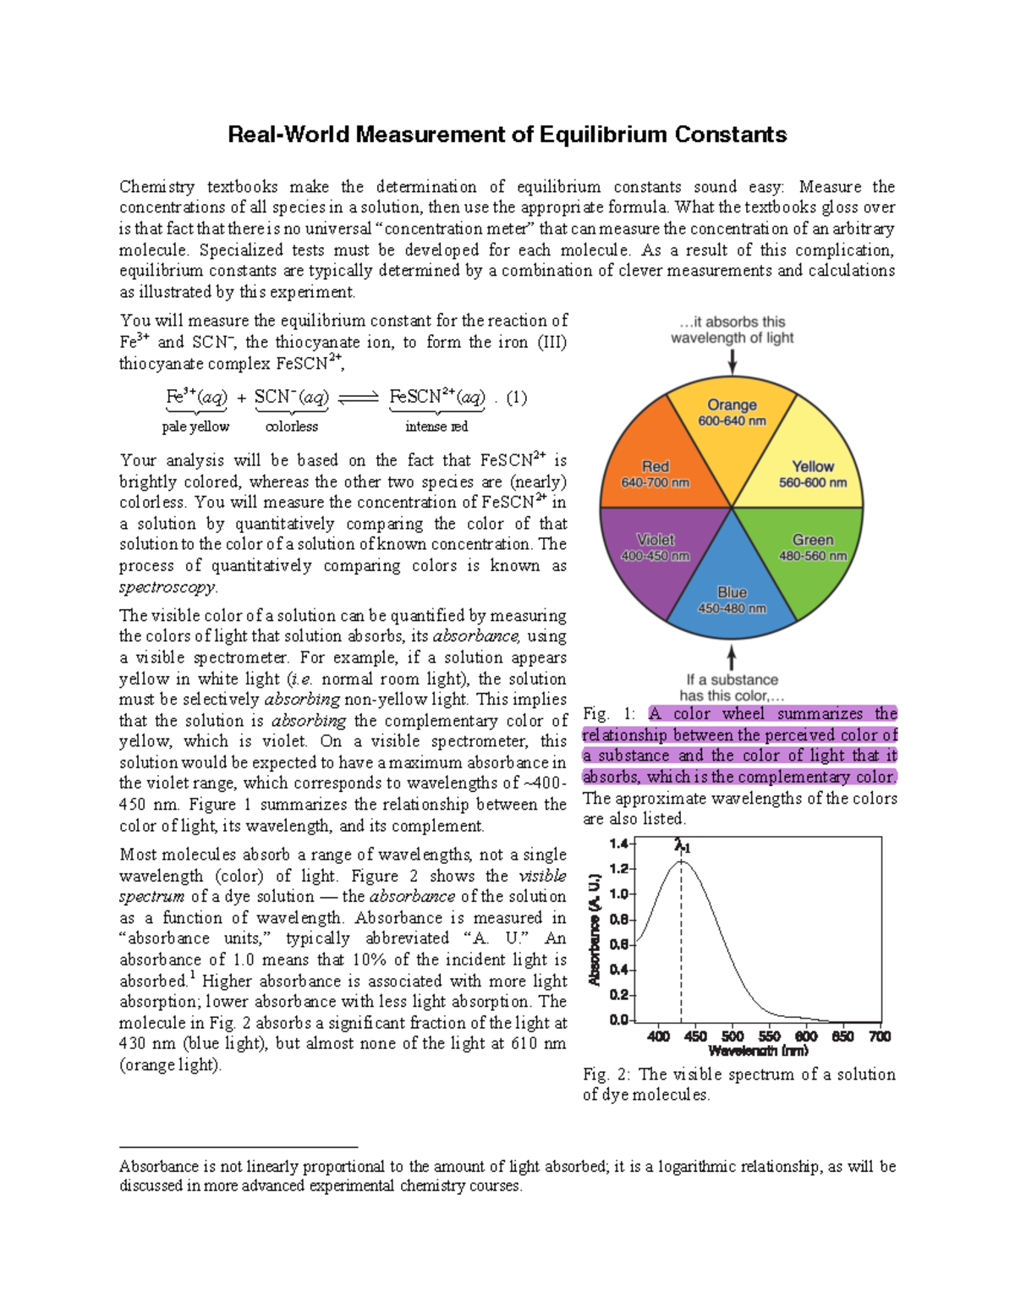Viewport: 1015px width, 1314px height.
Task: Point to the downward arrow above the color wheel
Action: [732, 361]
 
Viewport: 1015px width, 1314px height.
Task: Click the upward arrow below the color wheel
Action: [732, 658]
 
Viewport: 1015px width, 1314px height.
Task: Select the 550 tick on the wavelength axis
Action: [769, 1036]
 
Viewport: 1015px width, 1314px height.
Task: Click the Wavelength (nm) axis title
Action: [758, 1051]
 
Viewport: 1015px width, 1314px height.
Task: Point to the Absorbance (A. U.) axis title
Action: [595, 930]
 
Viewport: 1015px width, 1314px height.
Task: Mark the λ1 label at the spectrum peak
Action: [682, 845]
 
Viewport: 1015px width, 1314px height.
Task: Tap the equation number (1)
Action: [516, 398]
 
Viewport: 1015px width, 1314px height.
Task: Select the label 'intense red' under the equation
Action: [436, 426]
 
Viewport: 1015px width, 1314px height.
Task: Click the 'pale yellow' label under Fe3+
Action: [195, 426]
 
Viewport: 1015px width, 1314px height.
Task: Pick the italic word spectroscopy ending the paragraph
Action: [167, 586]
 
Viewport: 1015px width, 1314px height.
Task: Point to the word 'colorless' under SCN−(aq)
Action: [292, 426]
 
